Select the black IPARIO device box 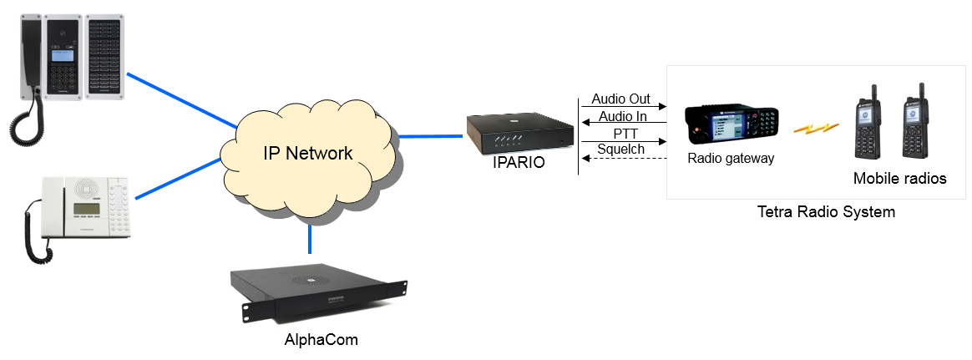pyautogui.click(x=519, y=133)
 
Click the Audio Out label pyautogui.click(x=620, y=99)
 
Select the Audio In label pyautogui.click(x=622, y=116)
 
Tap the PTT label pyautogui.click(x=621, y=133)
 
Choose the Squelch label pyautogui.click(x=620, y=150)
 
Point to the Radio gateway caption pyautogui.click(x=731, y=157)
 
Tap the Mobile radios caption pyautogui.click(x=899, y=178)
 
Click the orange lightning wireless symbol pyautogui.click(x=816, y=128)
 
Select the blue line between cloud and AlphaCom pyautogui.click(x=310, y=241)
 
